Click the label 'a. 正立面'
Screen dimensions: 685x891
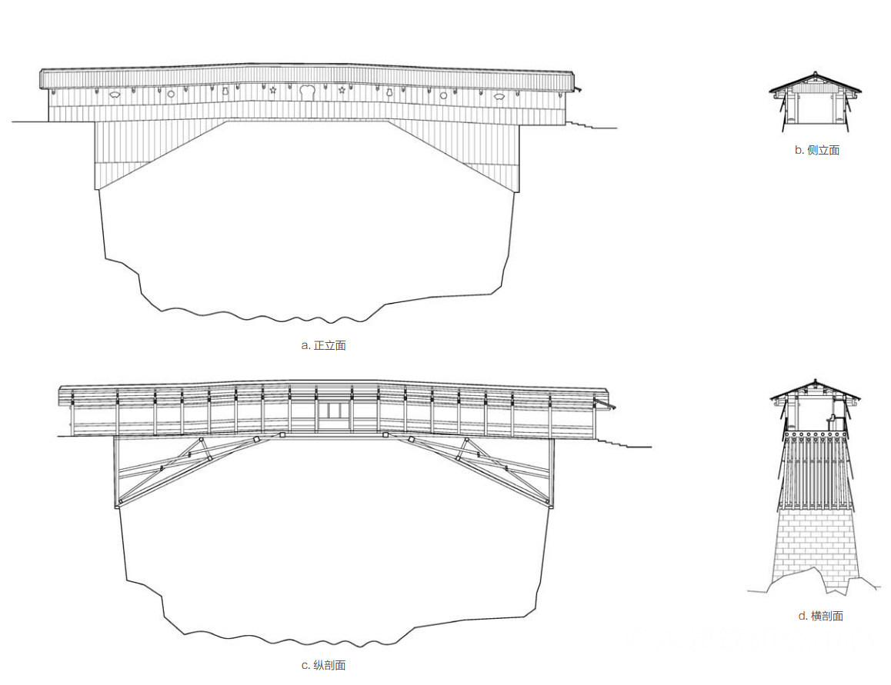(x=323, y=345)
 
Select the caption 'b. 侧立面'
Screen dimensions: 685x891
(x=817, y=150)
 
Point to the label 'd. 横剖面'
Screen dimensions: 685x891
(x=821, y=616)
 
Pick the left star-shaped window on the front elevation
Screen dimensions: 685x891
(x=273, y=91)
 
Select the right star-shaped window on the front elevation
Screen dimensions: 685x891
(x=342, y=91)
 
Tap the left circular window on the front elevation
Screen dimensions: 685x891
(x=171, y=94)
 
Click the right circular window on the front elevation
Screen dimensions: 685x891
(x=443, y=95)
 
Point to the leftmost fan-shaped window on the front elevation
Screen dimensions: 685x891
(x=115, y=95)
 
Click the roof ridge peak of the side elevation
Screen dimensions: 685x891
(x=815, y=74)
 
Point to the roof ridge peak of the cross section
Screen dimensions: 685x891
(x=815, y=381)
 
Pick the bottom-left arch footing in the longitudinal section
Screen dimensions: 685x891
(x=118, y=504)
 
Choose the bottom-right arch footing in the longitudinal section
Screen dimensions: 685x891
(x=549, y=504)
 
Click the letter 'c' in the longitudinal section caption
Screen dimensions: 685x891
(x=305, y=665)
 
